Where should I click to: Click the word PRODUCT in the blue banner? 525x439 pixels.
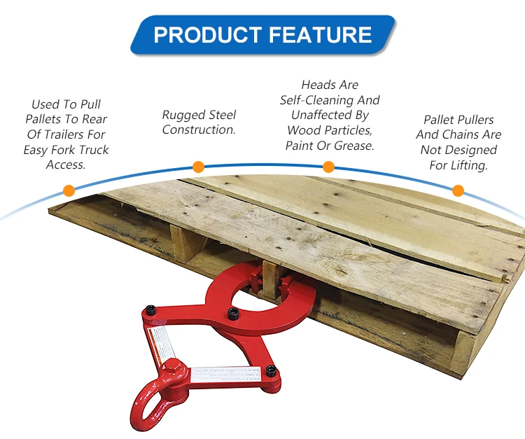click(204, 35)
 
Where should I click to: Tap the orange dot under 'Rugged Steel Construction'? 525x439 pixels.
click(198, 167)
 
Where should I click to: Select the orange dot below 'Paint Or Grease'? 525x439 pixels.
click(328, 167)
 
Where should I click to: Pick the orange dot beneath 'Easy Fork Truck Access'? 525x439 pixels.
click(69, 190)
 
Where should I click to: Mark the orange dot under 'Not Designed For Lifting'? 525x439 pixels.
click(458, 190)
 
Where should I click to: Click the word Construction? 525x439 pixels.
click(198, 130)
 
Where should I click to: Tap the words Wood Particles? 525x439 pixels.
click(330, 131)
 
